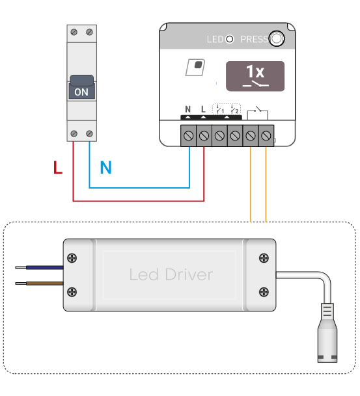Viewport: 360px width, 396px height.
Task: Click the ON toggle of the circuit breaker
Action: click(x=81, y=87)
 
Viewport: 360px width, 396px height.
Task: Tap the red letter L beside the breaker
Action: click(x=58, y=167)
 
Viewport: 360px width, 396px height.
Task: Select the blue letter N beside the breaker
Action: click(x=105, y=167)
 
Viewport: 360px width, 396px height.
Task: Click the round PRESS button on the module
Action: click(x=277, y=38)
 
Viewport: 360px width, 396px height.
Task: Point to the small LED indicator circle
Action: click(x=230, y=39)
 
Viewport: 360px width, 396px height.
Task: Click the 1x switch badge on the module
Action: click(x=255, y=76)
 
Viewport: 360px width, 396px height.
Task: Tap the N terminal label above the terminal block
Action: click(x=188, y=109)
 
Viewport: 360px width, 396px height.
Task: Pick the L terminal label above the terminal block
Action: click(x=203, y=109)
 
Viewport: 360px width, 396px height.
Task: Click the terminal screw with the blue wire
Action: click(x=189, y=136)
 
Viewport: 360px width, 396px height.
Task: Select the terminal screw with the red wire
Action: click(x=204, y=136)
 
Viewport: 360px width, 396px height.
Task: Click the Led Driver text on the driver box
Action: click(x=171, y=274)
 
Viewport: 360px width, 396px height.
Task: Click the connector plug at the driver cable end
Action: click(x=327, y=333)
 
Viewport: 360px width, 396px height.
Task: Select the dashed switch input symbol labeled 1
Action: click(x=219, y=109)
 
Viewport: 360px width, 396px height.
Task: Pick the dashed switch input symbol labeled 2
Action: click(x=234, y=109)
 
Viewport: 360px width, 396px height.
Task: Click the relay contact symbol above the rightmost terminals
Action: click(x=257, y=112)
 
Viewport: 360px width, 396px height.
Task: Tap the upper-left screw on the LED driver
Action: click(x=72, y=258)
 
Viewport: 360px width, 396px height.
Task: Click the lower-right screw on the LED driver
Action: click(x=264, y=292)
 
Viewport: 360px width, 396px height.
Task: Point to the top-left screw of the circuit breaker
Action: click(x=74, y=32)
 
